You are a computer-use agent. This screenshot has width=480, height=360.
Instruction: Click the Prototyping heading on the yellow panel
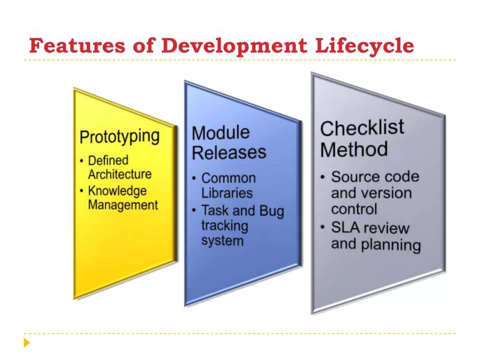coord(120,137)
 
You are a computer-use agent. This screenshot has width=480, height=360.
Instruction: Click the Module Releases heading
coord(228,143)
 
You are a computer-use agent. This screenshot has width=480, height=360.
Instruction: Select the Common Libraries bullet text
coord(227,186)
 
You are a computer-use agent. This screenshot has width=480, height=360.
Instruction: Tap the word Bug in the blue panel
coord(272,211)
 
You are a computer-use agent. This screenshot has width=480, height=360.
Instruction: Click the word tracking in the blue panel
coord(225,226)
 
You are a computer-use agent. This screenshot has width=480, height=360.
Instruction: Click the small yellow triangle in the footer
coord(26,343)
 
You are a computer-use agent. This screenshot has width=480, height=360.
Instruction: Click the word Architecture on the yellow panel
coord(119,175)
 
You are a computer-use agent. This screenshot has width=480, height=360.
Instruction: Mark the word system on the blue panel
coord(222,241)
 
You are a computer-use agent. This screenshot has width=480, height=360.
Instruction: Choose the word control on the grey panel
coord(354,209)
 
